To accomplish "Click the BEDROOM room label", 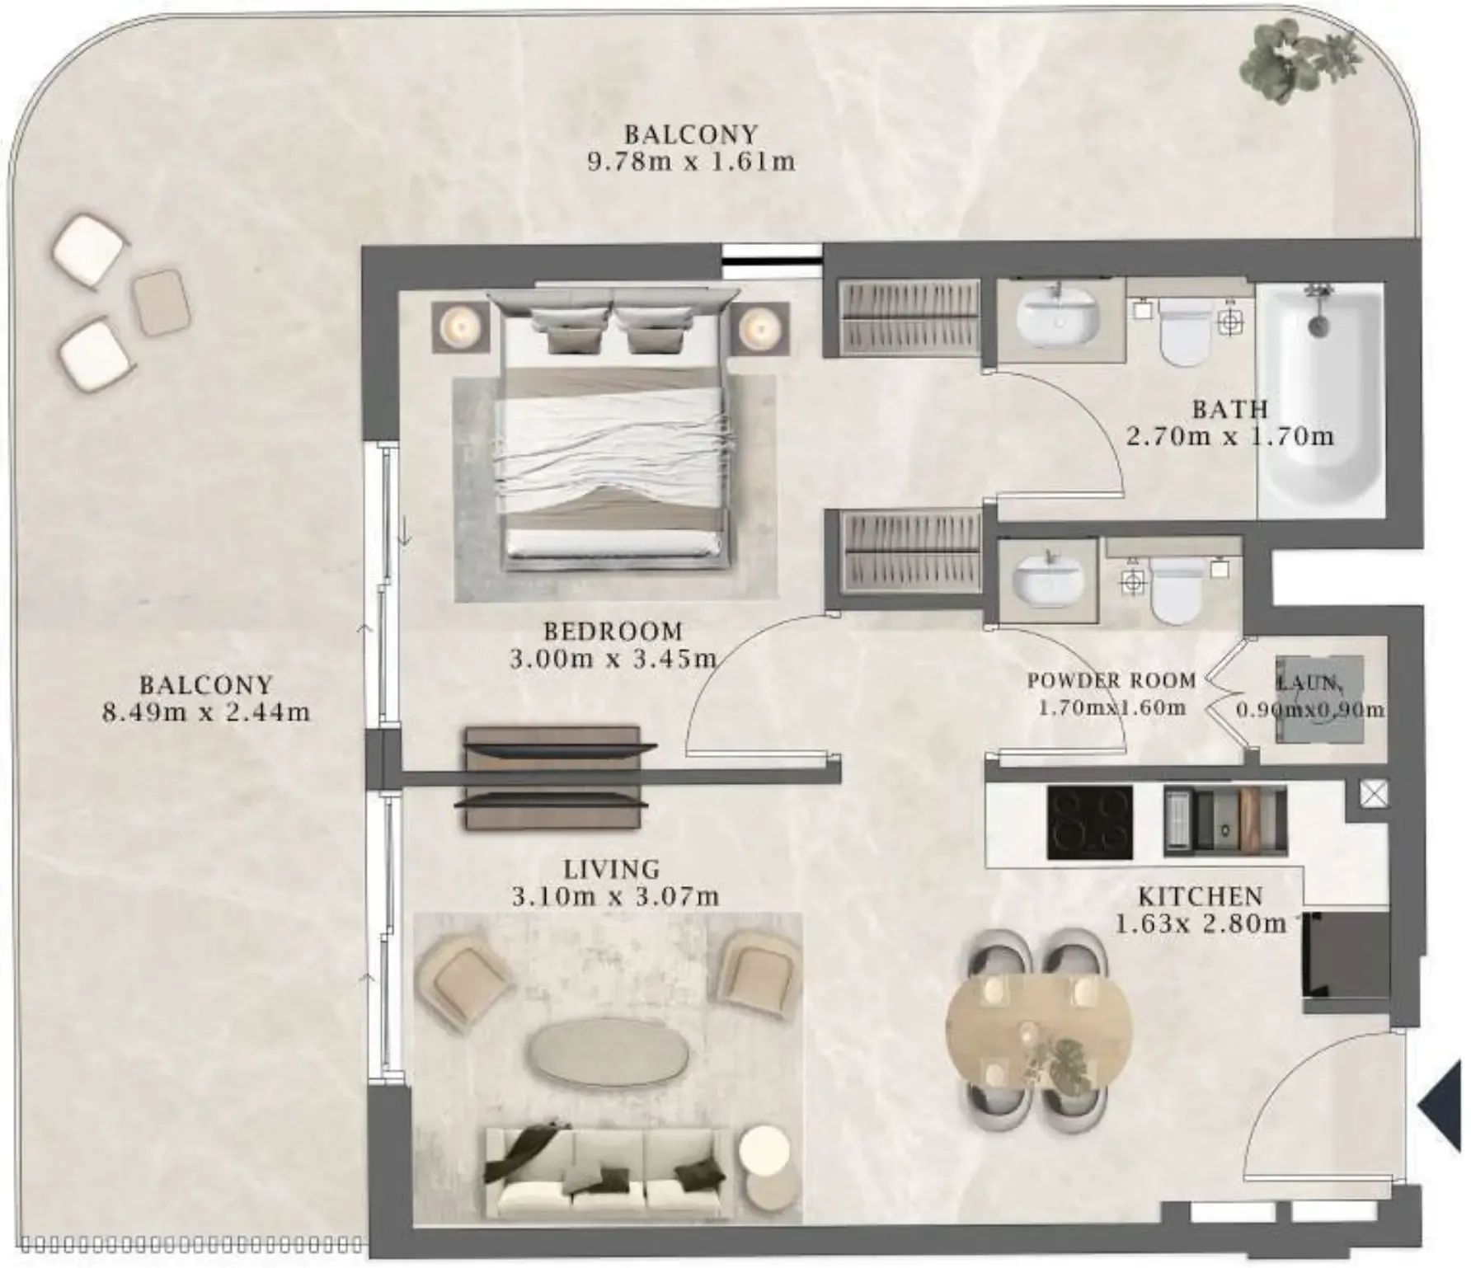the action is coord(613,632).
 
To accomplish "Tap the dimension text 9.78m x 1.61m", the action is coord(691,162).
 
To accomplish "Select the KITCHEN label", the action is coord(1201,896).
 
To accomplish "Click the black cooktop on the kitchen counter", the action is coord(1089,823).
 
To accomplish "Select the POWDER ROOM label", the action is coord(1111,681).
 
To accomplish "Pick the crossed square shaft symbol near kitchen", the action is coord(1373,794).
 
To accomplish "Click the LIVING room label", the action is coord(612,869).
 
